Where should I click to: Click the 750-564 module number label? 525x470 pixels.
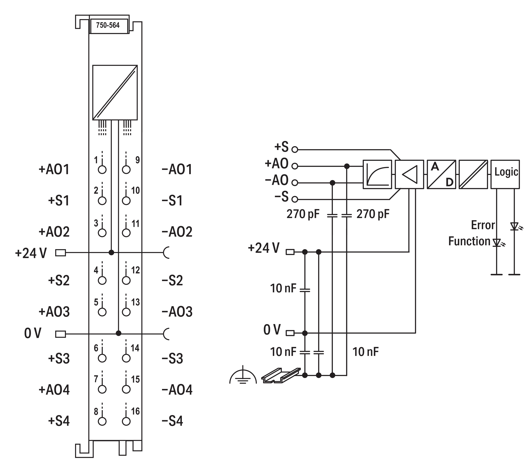(x=108, y=25)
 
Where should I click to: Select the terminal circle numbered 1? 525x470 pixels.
(x=102, y=170)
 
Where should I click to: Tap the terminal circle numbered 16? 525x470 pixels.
(x=126, y=421)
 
